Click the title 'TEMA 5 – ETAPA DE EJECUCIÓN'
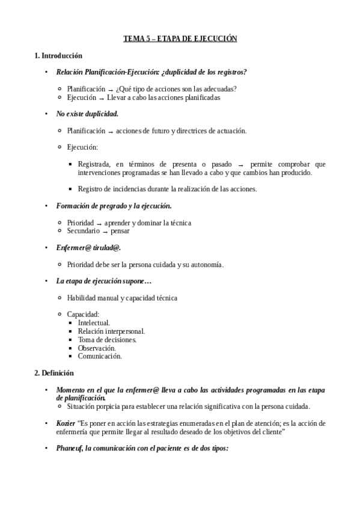180,38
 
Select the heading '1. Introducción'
58,55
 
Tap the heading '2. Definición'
54,373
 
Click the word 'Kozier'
66,423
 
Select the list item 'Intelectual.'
94,323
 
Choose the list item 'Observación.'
97,348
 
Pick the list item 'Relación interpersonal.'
111,331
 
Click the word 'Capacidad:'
83,315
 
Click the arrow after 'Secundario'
105,232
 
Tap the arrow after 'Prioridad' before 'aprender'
99,223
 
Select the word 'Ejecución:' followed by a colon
82,147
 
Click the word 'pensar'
120,231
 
